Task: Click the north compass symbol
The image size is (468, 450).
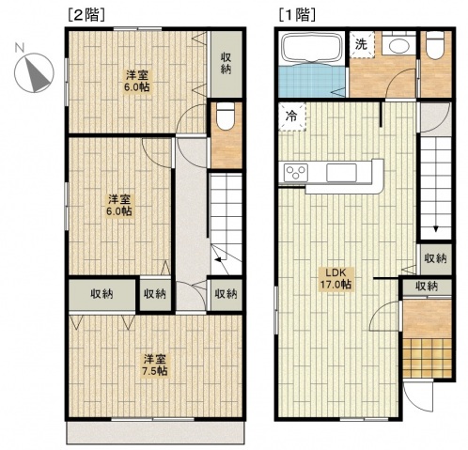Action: (34, 72)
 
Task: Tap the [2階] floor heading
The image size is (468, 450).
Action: (86, 15)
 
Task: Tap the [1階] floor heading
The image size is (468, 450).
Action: (297, 15)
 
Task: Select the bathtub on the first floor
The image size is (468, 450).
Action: (312, 49)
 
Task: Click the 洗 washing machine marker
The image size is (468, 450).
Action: (362, 44)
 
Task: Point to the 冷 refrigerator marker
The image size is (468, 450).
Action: (291, 116)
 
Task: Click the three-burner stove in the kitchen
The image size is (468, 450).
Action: (296, 172)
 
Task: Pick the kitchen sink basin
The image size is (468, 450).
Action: (341, 173)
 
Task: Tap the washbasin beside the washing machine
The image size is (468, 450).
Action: (398, 46)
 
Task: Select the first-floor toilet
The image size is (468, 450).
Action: (436, 45)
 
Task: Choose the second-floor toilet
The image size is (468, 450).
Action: (226, 116)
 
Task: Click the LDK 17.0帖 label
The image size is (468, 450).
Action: (335, 278)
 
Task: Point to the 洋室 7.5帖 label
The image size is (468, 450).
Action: (155, 365)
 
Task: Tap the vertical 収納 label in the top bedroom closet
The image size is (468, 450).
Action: (226, 63)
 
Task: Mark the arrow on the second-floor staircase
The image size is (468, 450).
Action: (221, 259)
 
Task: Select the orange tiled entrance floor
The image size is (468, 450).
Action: (427, 358)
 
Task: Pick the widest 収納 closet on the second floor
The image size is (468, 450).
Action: (102, 294)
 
